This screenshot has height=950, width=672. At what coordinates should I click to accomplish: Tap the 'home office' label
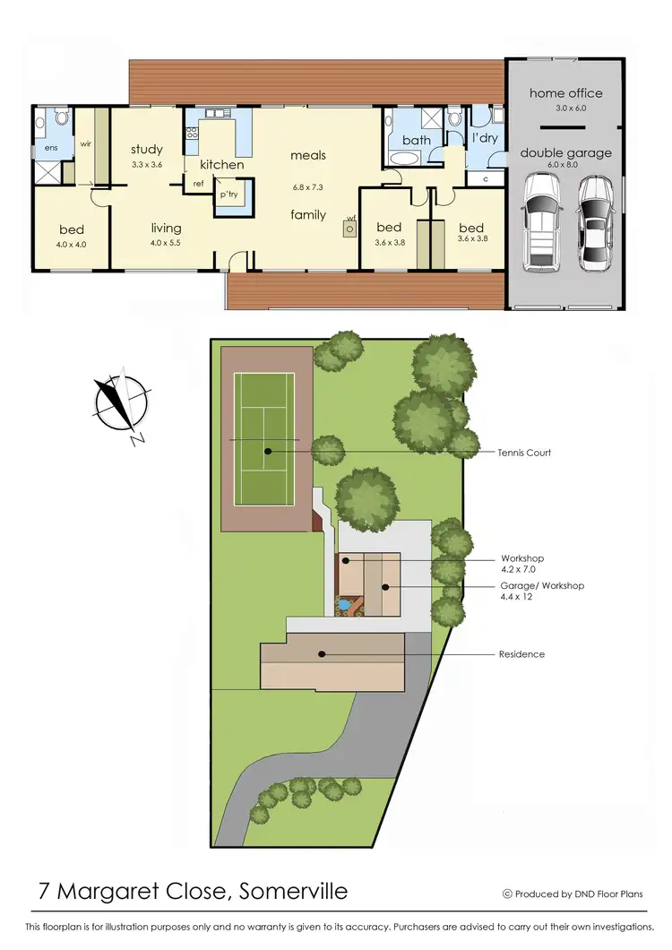[x=565, y=93]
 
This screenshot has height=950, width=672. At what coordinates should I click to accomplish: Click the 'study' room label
[x=146, y=150]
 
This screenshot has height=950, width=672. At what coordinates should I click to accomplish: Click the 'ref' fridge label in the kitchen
[x=198, y=183]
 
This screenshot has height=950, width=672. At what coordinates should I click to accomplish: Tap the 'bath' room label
[x=416, y=140]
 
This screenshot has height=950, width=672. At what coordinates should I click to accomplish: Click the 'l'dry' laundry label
[x=485, y=139]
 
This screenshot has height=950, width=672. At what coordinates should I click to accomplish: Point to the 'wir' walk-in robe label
[x=87, y=142]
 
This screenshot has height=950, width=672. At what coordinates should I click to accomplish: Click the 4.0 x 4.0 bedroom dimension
[x=72, y=244]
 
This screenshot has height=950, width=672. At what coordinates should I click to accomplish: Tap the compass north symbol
[x=120, y=407]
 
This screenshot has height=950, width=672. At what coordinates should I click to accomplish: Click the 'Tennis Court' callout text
[x=524, y=453]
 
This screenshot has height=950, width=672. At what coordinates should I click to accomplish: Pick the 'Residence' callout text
[x=521, y=654]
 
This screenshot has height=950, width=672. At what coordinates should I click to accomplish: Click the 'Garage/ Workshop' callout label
[x=542, y=585]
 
